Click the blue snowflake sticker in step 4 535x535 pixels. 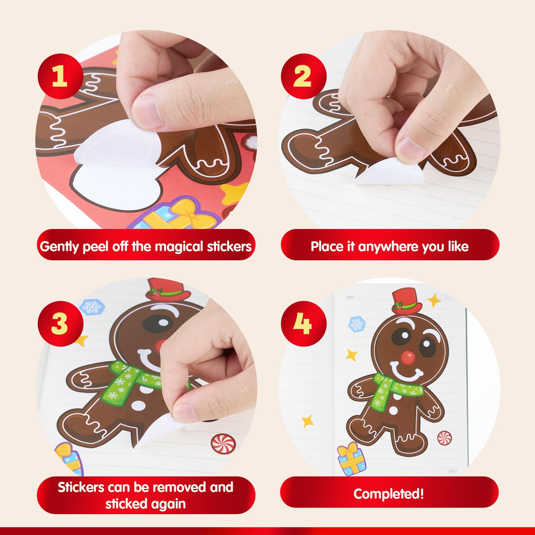click(x=357, y=324)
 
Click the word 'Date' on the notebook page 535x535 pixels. click(x=349, y=297)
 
